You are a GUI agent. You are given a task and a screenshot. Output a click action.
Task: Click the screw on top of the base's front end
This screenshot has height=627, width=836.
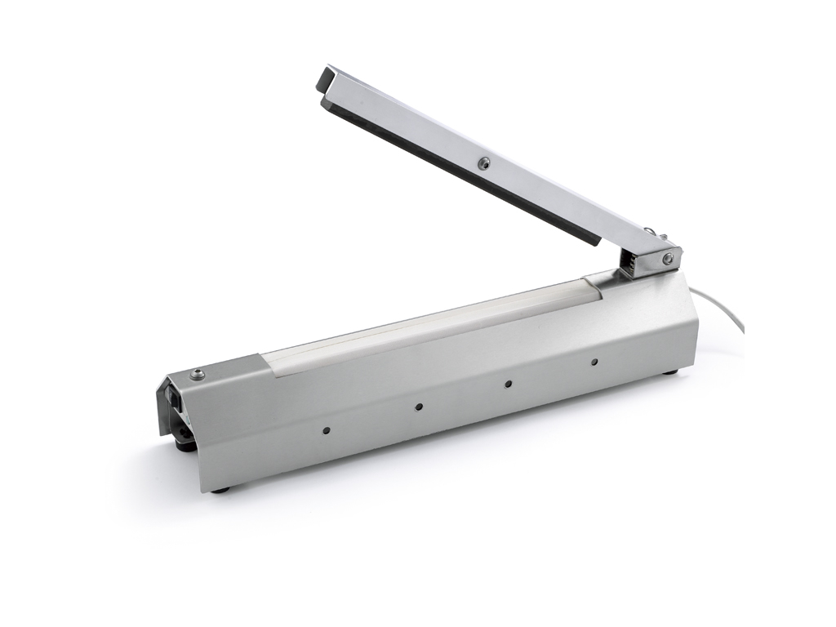click(x=196, y=375)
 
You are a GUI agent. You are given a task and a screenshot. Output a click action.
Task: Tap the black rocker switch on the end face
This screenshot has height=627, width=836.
click(x=176, y=399)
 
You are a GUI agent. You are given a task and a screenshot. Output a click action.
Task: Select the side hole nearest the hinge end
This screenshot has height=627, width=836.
click(x=594, y=361)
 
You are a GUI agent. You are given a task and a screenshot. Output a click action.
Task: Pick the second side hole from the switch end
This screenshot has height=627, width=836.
click(x=418, y=406)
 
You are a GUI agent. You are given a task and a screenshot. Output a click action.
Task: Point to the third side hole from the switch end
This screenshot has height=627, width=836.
click(x=507, y=383)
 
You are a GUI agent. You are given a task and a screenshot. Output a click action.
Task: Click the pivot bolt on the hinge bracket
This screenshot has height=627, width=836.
click(x=668, y=259)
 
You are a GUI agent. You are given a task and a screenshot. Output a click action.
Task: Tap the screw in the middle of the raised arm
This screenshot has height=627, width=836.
click(x=485, y=162)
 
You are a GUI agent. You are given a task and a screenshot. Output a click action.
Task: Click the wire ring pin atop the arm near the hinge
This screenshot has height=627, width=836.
click(x=647, y=233)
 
